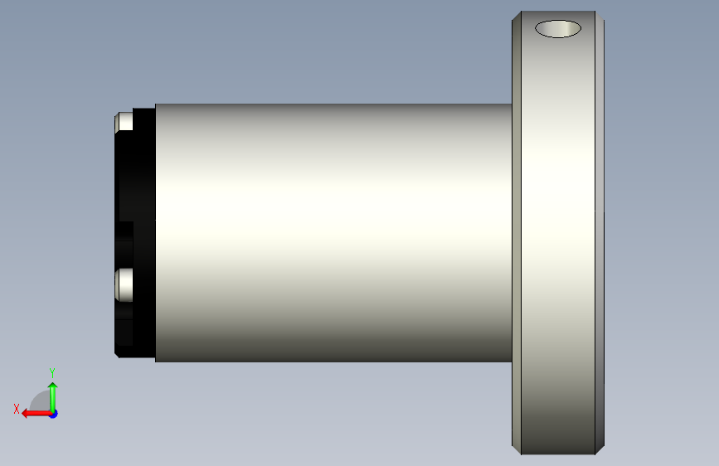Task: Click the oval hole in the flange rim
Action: [558, 29]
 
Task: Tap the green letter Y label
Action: [52, 373]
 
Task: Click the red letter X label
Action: [17, 409]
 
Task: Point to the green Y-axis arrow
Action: [53, 397]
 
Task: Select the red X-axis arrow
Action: [36, 414]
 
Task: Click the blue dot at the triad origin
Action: [54, 414]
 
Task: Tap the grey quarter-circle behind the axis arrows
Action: [41, 400]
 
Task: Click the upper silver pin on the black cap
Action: [124, 122]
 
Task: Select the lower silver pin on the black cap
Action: [124, 285]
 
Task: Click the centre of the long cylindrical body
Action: [333, 233]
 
